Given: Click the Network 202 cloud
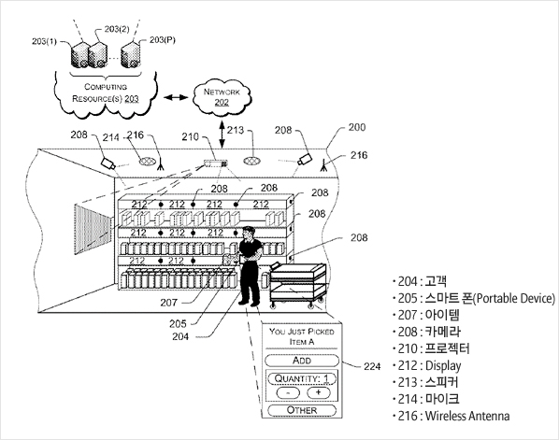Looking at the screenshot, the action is (222, 96).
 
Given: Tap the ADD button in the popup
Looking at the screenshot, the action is (302, 361).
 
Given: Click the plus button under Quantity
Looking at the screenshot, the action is (319, 392).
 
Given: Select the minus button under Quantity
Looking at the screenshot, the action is (288, 392).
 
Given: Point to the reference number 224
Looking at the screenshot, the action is (372, 366).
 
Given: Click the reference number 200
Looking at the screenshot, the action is (357, 127).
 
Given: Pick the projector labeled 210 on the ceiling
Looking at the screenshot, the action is (215, 163).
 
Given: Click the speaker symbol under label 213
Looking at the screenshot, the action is (251, 161).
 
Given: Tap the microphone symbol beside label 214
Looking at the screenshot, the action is (148, 161).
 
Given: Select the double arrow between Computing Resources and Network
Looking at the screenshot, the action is (176, 97).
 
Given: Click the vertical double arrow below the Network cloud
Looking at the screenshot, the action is (222, 135).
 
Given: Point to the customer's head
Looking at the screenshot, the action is (249, 233).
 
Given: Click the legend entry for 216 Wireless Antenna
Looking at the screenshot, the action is (451, 416).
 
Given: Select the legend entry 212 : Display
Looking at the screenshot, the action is (427, 365).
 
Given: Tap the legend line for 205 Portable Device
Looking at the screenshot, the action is (473, 298).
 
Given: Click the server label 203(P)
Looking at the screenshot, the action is (163, 39).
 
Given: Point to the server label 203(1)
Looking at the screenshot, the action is (44, 41).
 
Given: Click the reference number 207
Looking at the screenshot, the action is (168, 303).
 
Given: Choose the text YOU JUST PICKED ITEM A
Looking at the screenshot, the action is (302, 336).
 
